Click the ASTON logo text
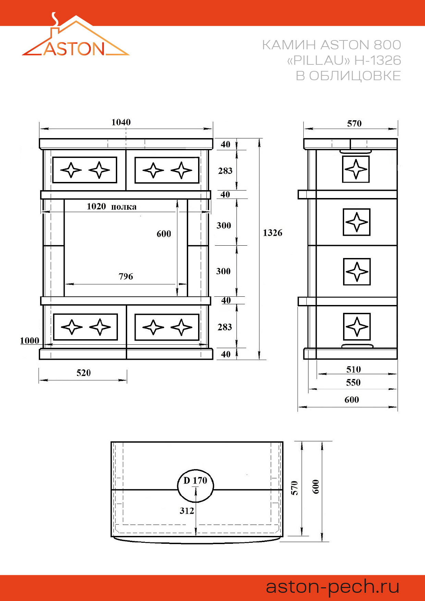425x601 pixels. pos(74,49)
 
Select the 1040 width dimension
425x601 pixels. pos(121,122)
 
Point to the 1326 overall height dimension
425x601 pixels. pos(272,233)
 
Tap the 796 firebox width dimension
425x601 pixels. pos(126,277)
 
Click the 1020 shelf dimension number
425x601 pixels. pos(96,206)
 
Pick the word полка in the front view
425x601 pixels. pos(124,207)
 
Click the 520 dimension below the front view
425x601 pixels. pos(84,373)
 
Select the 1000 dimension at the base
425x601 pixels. pos(29,341)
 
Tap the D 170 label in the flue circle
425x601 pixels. pos(195,480)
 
